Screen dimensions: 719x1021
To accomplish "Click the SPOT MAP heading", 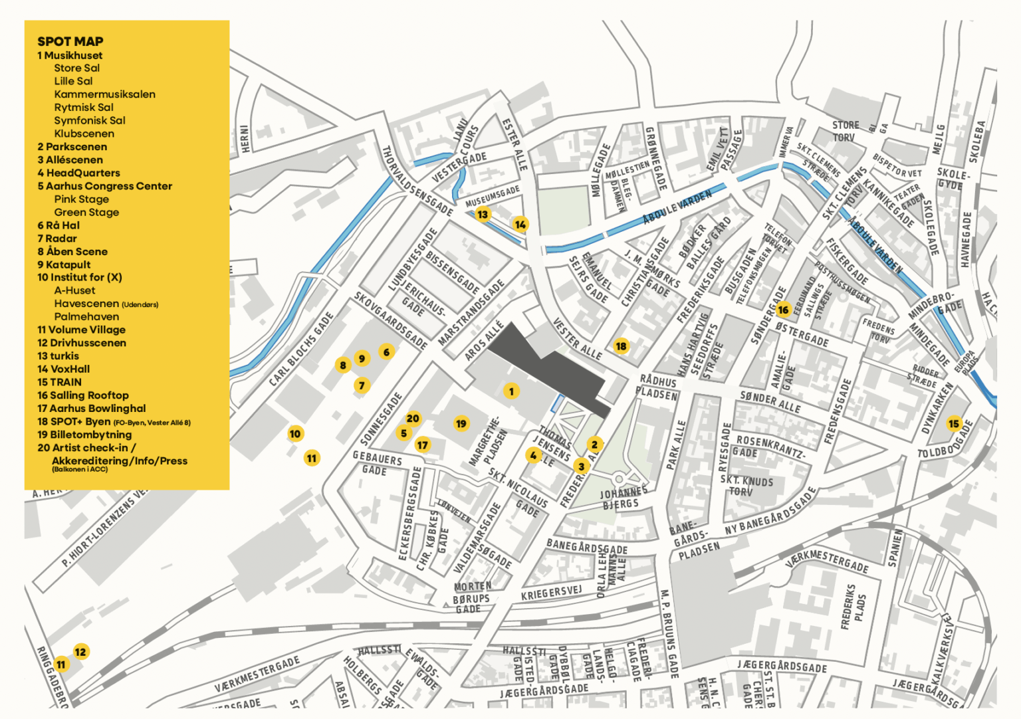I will pos(70,41).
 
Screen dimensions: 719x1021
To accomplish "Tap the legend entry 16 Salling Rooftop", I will pos(83,395).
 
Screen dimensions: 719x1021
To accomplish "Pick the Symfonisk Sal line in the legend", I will pos(90,120).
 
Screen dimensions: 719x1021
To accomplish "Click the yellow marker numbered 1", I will pos(511,391).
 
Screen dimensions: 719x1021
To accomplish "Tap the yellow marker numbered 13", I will pos(483,214).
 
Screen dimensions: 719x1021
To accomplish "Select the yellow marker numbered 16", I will pos(783,310).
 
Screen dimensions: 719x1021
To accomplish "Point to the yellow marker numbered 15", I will pos(953,423).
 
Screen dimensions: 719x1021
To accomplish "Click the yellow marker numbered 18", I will pos(621,346).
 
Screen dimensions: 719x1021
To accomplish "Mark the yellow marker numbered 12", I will pos(80,652).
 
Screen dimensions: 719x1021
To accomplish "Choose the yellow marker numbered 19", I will pos(461,423).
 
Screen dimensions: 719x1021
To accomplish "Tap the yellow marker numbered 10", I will pos(295,434).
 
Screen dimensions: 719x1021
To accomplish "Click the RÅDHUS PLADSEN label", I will pos(657,387).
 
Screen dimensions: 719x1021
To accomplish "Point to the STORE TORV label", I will pos(845,131).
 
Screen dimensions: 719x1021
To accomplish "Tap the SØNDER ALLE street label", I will pos(770,401).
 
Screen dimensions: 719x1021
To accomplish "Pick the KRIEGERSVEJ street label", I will pos(551,592).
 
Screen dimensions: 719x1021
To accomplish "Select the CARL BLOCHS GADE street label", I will pos(301,350).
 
